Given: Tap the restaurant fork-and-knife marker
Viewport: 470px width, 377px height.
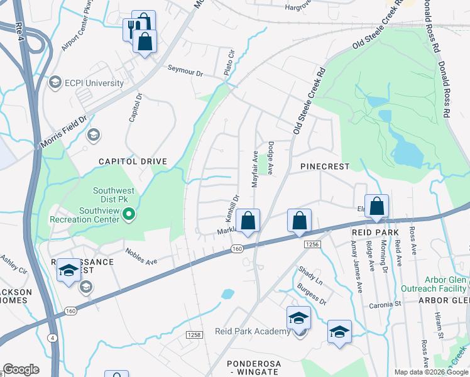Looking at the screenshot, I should click(132, 28).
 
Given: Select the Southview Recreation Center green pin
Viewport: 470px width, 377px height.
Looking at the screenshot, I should click(129, 216).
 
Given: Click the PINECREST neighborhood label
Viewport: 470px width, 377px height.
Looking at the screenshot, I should click(324, 167).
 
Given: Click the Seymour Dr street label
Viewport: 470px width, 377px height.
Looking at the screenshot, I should click(185, 71).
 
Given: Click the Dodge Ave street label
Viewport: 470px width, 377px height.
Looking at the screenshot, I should click(271, 157).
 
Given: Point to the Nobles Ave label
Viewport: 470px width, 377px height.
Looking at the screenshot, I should click(141, 258).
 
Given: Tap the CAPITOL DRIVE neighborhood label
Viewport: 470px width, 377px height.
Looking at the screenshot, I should click(133, 161).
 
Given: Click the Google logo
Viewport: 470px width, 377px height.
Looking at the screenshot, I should click(21, 369).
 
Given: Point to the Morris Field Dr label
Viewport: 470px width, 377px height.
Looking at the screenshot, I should click(63, 133).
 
